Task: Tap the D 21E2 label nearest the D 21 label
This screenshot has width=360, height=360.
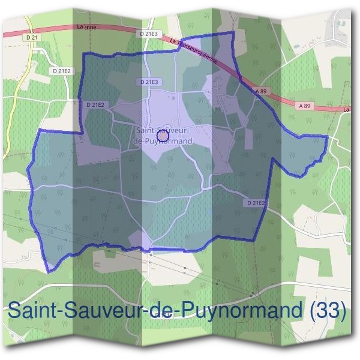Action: pyautogui.click(x=62, y=71)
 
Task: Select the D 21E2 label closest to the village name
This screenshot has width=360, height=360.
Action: pyautogui.click(x=95, y=104)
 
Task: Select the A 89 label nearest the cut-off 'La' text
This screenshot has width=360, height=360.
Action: pyautogui.click(x=305, y=105)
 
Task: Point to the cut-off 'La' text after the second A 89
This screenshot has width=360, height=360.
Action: pyautogui.click(x=346, y=110)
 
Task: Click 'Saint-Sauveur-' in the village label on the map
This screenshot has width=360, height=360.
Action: pyautogui.click(x=163, y=130)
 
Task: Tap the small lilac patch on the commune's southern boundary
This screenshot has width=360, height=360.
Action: pyautogui.click(x=137, y=238)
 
